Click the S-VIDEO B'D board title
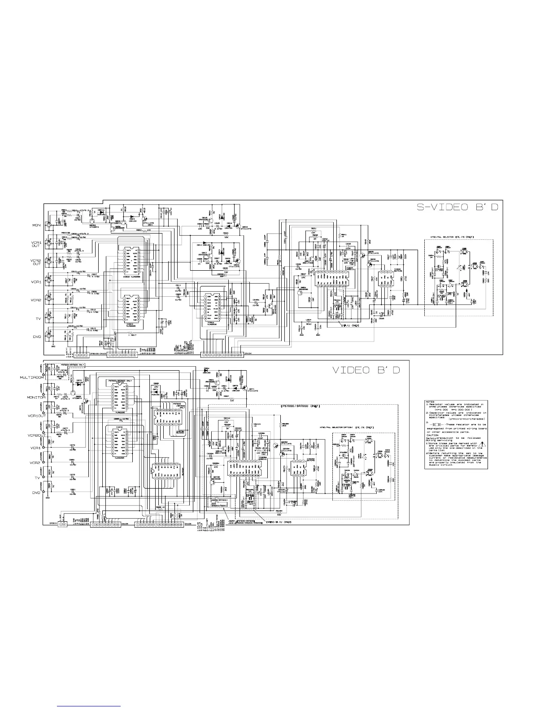[455, 208]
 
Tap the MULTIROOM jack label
[31, 378]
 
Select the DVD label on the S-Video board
[37, 337]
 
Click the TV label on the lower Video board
[38, 478]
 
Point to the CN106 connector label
[188, 524]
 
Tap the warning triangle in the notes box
[482, 446]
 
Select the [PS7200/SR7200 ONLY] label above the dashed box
[300, 406]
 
